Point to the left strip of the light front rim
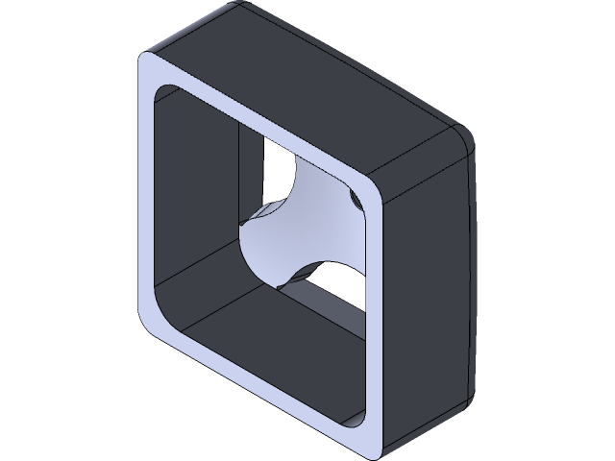(x=146, y=192)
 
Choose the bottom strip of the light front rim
(x=259, y=384)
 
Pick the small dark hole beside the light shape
(x=357, y=200)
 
